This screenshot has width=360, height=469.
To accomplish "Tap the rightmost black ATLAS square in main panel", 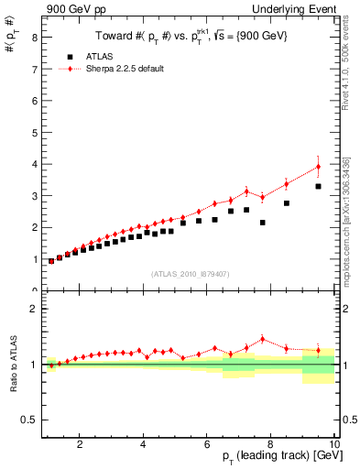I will coord(318,186).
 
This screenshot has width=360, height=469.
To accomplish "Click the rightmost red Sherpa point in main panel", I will coord(318,167).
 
